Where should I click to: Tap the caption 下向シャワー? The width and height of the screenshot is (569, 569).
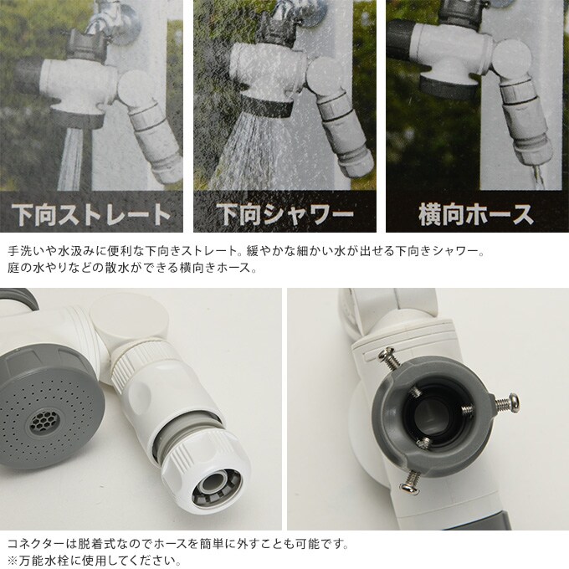[284, 213]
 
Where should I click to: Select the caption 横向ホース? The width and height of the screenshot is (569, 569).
[475, 213]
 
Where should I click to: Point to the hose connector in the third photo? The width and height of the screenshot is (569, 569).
[527, 126]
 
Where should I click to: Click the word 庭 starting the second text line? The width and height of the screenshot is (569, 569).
[12, 269]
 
